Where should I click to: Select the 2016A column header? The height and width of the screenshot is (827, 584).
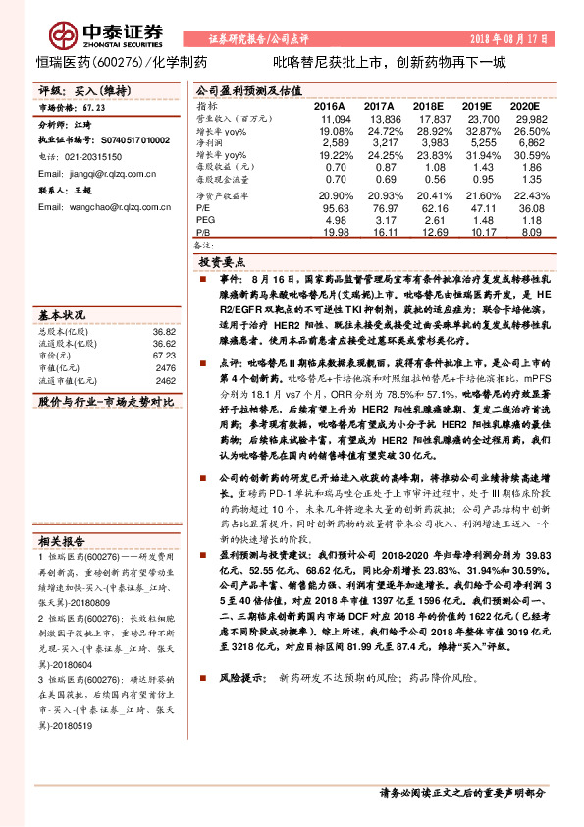coord(329,105)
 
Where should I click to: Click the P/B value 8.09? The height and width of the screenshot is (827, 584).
coord(527,234)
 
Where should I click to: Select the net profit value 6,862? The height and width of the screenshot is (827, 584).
coord(527,143)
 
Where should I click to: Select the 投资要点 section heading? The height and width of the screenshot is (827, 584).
coord(222,263)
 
